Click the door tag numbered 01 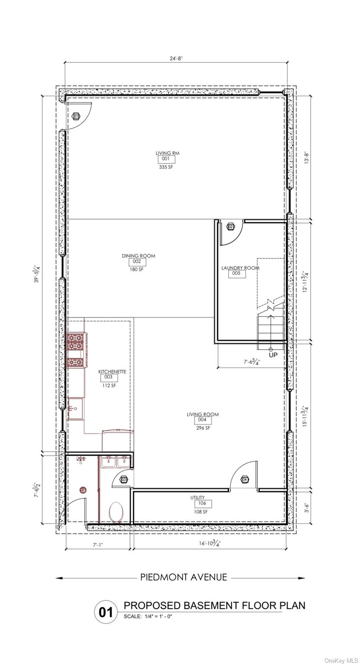pyautogui.click(x=76, y=116)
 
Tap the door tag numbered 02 pyautogui.click(x=230, y=227)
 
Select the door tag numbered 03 pyautogui.click(x=124, y=479)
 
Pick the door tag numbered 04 pyautogui.click(x=245, y=479)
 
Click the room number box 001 pyautogui.click(x=166, y=159)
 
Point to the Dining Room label pyautogui.click(x=138, y=256)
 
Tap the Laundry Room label pyautogui.click(x=240, y=268)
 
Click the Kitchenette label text pyautogui.click(x=112, y=372)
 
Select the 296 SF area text pyautogui.click(x=203, y=428)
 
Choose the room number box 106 pyautogui.click(x=202, y=503)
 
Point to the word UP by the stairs pyautogui.click(x=273, y=355)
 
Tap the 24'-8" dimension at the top pyautogui.click(x=176, y=58)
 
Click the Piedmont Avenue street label pyautogui.click(x=184, y=578)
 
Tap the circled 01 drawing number pyautogui.click(x=106, y=612)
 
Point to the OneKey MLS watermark pyautogui.click(x=341, y=658)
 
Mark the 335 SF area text pyautogui.click(x=166, y=167)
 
